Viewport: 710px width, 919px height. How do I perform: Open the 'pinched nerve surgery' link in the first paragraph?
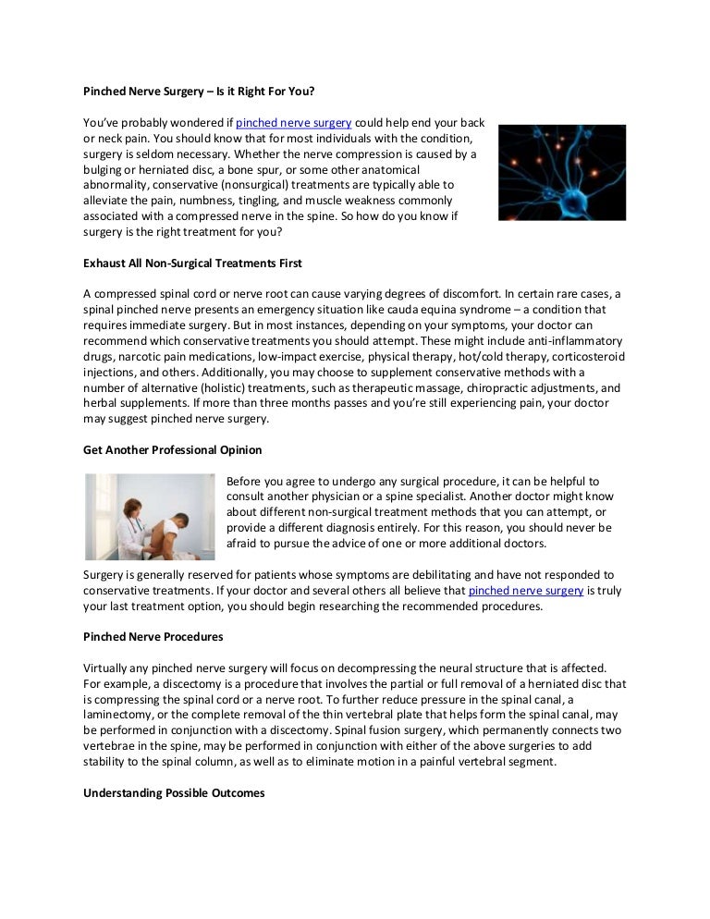pyautogui.click(x=293, y=122)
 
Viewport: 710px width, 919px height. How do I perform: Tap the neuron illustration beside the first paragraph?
pyautogui.click(x=561, y=172)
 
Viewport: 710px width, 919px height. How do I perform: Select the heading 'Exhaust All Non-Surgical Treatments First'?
pyautogui.click(x=192, y=263)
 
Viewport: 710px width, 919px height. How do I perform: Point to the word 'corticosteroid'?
pyautogui.click(x=587, y=357)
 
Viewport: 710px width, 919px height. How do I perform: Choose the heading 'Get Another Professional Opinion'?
pyautogui.click(x=172, y=450)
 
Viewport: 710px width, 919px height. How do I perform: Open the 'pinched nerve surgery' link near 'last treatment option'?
pyautogui.click(x=526, y=590)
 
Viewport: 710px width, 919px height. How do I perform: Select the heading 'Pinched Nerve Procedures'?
pyautogui.click(x=153, y=637)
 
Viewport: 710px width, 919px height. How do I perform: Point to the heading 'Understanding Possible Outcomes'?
pyautogui.click(x=173, y=793)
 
